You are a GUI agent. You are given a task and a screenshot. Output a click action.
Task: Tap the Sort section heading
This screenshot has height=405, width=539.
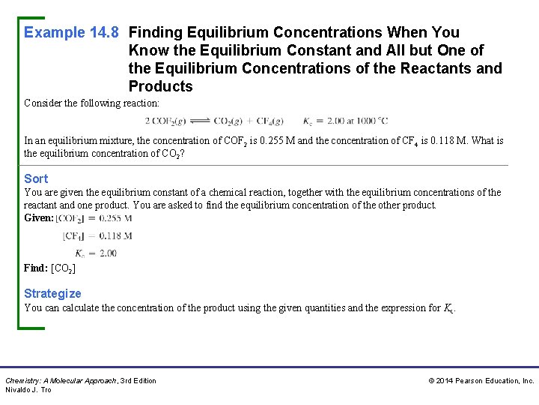(36, 178)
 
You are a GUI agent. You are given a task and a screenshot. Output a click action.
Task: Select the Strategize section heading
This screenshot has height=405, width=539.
(52, 293)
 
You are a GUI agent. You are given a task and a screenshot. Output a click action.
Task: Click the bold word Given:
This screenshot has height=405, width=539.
(39, 218)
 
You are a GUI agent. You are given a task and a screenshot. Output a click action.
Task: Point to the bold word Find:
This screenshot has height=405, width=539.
(36, 268)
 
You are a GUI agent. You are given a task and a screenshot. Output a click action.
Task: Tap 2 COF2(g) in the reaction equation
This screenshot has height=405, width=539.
(164, 120)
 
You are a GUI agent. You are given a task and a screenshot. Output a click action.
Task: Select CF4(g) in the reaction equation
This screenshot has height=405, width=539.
(267, 120)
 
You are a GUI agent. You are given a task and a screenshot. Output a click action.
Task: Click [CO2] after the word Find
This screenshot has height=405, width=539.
(63, 268)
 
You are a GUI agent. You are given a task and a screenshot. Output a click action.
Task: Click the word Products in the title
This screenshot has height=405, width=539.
(160, 86)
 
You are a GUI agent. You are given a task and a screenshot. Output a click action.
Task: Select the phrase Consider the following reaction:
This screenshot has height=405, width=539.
(92, 103)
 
